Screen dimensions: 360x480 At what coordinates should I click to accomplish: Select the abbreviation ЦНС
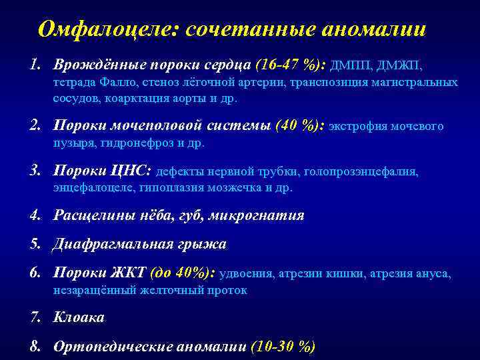(127, 171)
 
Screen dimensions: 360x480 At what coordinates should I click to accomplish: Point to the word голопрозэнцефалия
(361, 172)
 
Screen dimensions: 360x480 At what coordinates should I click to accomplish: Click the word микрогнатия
(257, 215)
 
